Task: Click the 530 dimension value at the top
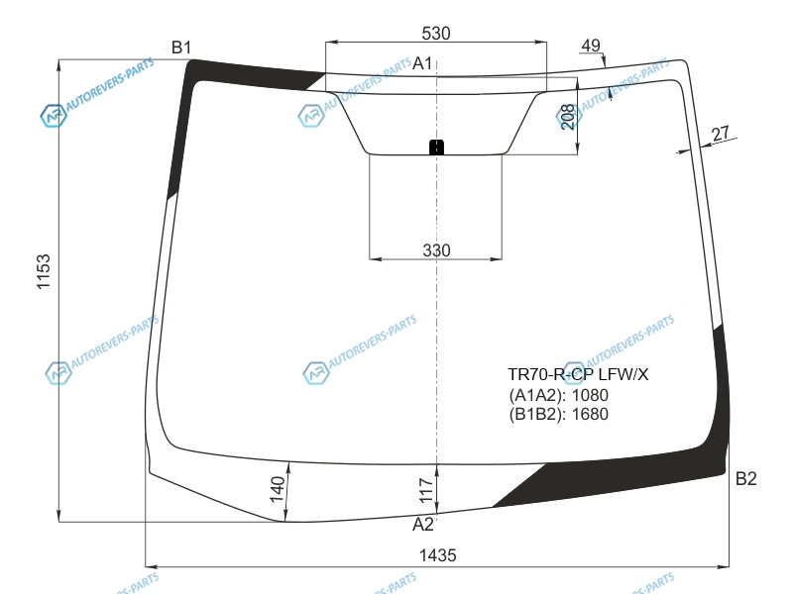pyautogui.click(x=435, y=34)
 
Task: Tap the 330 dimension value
pyautogui.click(x=436, y=250)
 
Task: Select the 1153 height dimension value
pyautogui.click(x=44, y=271)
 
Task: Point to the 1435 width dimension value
pyautogui.click(x=437, y=555)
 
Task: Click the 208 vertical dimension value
pyautogui.click(x=568, y=117)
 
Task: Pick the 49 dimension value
pyautogui.click(x=590, y=46)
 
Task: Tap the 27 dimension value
pyautogui.click(x=721, y=134)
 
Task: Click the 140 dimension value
pyautogui.click(x=278, y=489)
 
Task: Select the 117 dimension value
pyautogui.click(x=426, y=490)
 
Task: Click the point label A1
pyautogui.click(x=422, y=63)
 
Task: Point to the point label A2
pyautogui.click(x=423, y=525)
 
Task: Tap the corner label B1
pyautogui.click(x=181, y=48)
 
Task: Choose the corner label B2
pyautogui.click(x=745, y=478)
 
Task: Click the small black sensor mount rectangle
pyautogui.click(x=436, y=147)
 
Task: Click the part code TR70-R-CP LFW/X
pyautogui.click(x=578, y=374)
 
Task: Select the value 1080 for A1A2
pyautogui.click(x=590, y=395)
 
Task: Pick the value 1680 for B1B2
pyautogui.click(x=590, y=414)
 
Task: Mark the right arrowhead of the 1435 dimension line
pyautogui.click(x=724, y=566)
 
